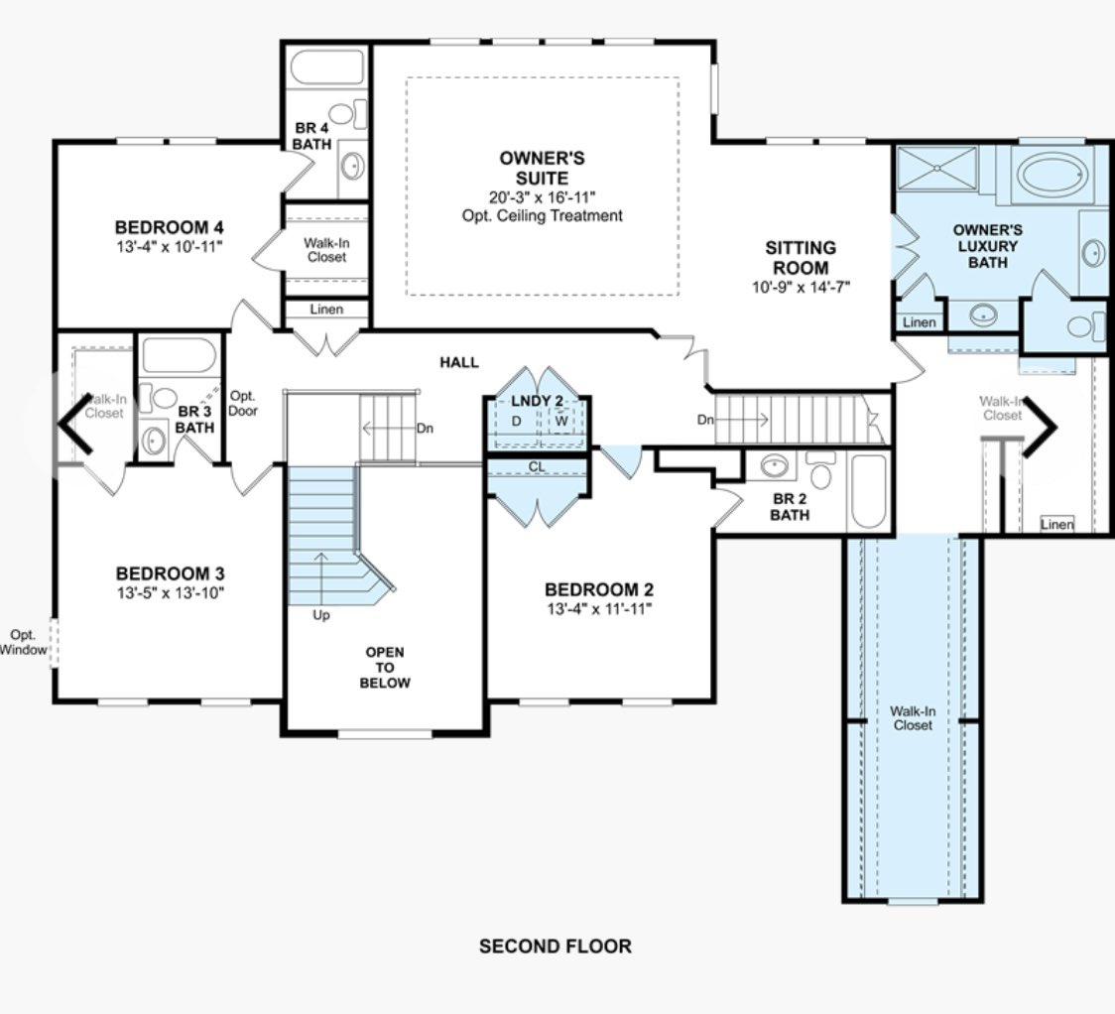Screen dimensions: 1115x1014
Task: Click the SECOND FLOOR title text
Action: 555,947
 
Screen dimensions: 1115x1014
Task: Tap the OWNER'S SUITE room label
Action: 542,168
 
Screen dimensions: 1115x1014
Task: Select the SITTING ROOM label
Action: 801,257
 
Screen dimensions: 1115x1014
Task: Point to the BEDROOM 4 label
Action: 170,227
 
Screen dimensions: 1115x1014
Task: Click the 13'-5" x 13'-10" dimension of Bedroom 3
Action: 171,593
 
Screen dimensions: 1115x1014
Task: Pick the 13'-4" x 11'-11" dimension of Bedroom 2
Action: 599,608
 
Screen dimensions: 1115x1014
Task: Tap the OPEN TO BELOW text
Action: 385,667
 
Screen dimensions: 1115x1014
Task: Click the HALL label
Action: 459,362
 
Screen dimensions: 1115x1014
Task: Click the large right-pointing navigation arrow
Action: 1040,426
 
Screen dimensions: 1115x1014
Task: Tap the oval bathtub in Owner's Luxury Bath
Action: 1053,174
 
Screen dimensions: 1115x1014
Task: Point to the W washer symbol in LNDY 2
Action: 561,421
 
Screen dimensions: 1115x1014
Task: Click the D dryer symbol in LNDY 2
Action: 516,421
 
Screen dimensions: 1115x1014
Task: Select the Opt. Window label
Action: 24,642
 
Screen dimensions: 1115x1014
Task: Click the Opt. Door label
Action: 242,403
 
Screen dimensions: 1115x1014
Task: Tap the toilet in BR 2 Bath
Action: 821,469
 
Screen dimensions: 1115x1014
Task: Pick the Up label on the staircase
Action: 320,615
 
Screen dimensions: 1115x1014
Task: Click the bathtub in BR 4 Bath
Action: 327,67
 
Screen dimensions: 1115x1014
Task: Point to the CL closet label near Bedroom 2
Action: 537,467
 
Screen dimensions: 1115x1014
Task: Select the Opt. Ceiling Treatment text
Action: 542,215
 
